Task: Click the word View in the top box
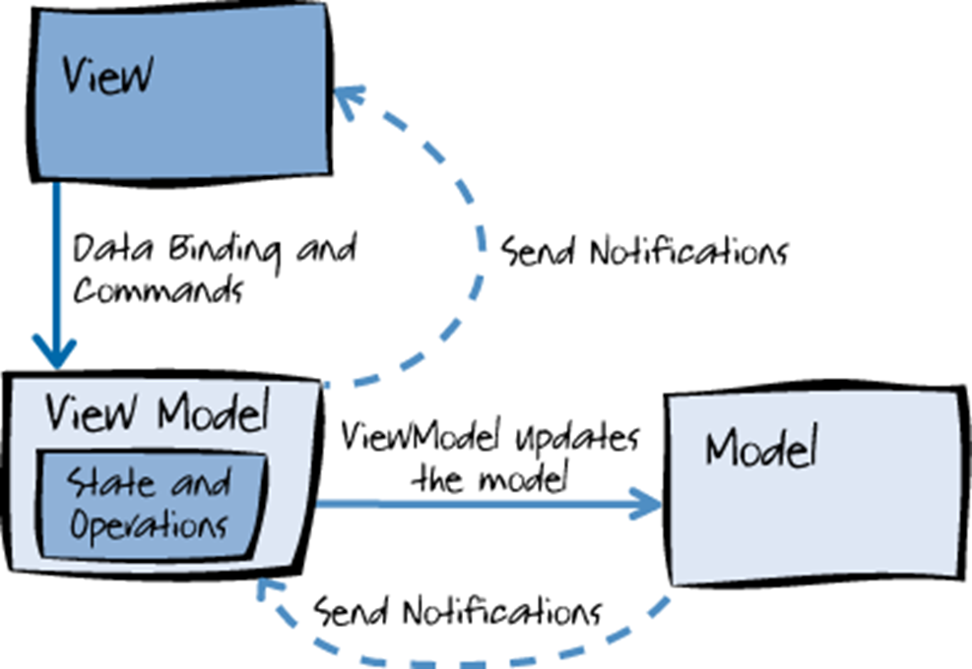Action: (106, 76)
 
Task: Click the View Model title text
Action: (157, 412)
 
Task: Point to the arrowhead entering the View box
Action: (346, 99)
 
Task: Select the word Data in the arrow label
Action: (106, 249)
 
